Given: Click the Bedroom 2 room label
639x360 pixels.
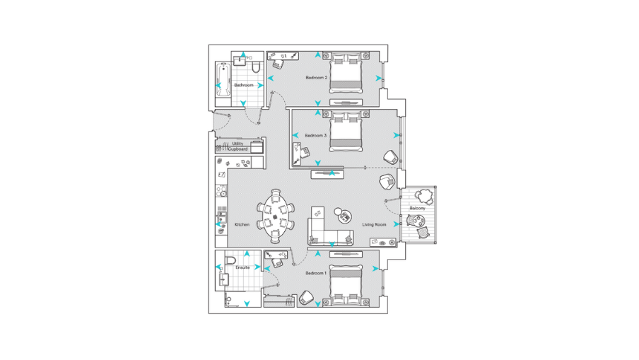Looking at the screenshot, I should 316,77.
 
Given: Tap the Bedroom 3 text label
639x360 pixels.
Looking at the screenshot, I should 315,135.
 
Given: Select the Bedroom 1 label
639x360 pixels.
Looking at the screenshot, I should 316,272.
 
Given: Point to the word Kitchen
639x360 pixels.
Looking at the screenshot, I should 242,225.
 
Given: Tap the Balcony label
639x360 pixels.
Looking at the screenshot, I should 417,209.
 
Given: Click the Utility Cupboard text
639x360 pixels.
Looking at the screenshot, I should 239,146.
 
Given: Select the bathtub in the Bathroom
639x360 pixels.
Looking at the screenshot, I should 223,83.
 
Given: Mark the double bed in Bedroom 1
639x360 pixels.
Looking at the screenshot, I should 346,284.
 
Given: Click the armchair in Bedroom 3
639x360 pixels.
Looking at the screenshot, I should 391,156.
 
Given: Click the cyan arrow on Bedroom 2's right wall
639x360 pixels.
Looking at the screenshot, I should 379,78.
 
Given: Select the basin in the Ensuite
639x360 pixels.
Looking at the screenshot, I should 224,279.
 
